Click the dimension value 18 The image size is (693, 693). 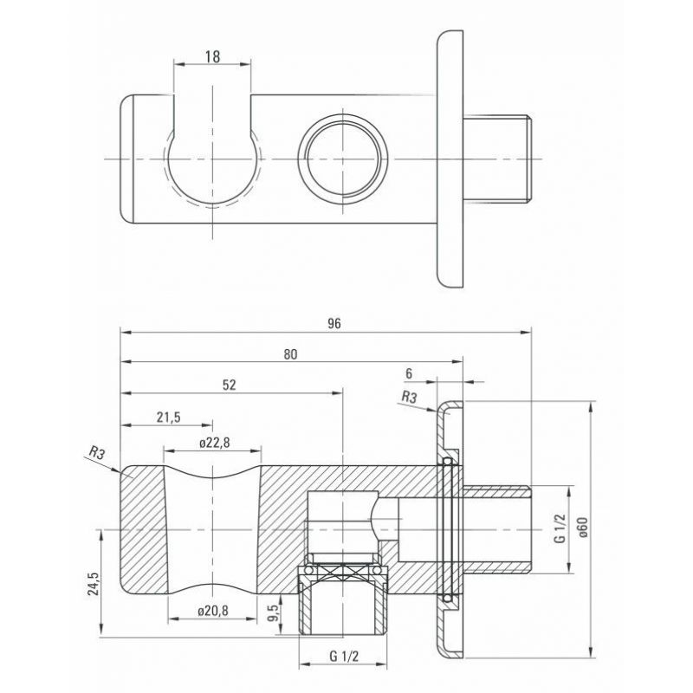click(x=212, y=56)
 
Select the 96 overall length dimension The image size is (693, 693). click(x=334, y=323)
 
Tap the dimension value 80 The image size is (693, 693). click(x=290, y=354)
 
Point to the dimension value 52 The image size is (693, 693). click(x=229, y=385)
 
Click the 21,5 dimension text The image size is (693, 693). click(x=168, y=417)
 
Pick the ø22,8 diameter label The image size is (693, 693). click(x=214, y=443)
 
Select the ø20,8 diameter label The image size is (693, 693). click(x=213, y=611)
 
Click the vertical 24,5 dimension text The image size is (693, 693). click(x=94, y=583)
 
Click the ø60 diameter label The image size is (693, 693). click(x=583, y=528)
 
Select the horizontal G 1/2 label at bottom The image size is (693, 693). click(x=344, y=657)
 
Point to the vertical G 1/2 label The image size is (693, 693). click(x=560, y=528)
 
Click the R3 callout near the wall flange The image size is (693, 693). click(x=409, y=398)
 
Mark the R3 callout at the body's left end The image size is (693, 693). click(x=97, y=451)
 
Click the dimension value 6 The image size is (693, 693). click(x=408, y=373)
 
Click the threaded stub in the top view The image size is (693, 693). click(x=496, y=159)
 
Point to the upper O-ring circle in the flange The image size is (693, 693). click(x=447, y=462)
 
